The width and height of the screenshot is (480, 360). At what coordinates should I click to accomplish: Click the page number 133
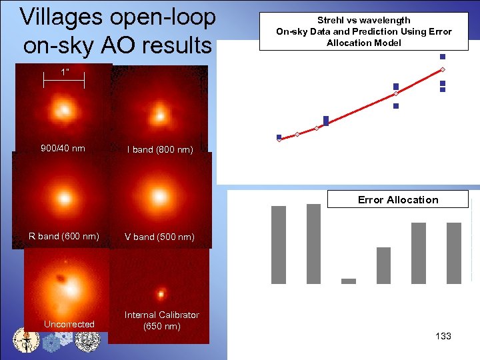443,336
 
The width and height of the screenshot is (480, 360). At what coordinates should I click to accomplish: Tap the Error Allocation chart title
398,200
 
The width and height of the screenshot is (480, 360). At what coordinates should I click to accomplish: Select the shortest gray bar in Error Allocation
349,281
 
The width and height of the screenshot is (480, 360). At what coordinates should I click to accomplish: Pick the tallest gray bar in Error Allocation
313,243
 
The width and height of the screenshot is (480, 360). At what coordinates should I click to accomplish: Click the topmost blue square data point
443,57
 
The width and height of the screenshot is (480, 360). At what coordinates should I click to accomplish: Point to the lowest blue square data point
279,137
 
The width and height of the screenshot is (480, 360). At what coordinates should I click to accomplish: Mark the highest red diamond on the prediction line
443,70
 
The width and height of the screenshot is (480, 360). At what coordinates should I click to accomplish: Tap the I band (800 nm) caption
160,149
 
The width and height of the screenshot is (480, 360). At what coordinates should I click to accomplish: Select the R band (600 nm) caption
64,236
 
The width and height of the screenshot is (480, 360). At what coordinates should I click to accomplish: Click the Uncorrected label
69,324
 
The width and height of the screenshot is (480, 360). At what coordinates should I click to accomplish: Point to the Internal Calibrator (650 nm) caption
162,320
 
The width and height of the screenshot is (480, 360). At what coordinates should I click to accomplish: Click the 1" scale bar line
64,81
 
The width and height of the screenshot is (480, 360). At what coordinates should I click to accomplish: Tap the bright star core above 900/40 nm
64,108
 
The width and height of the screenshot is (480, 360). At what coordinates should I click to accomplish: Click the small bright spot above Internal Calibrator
161,292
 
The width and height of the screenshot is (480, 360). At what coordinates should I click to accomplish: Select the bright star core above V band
160,197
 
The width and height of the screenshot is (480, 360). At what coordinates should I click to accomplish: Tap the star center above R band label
64,198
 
